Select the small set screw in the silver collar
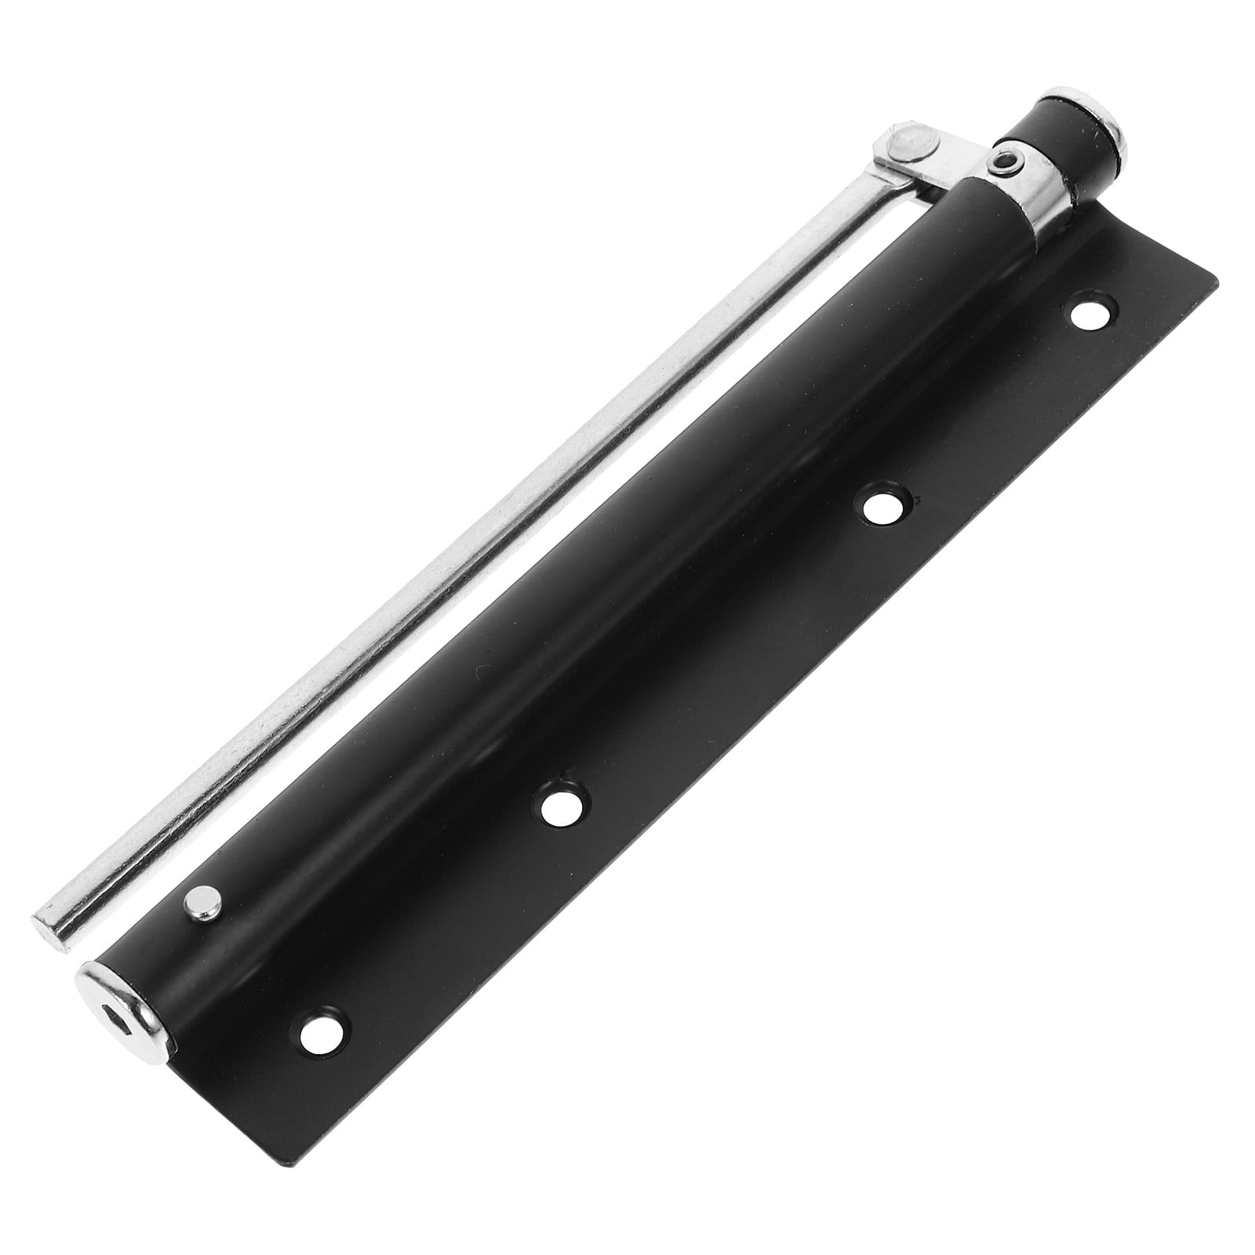coord(1006,163)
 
